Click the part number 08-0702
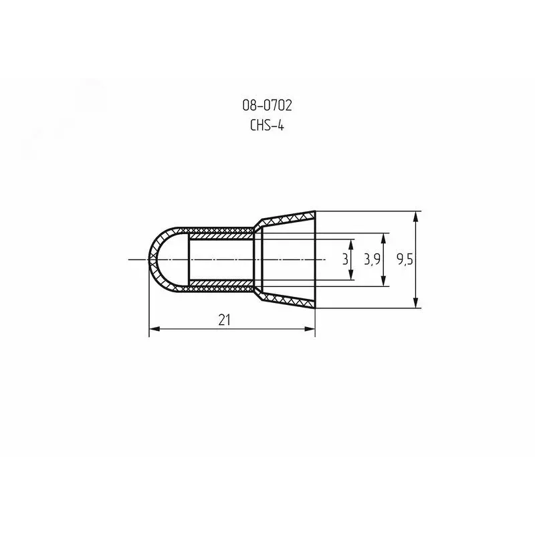point(267,106)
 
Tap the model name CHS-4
point(267,126)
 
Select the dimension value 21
point(224,320)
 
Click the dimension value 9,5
point(405,259)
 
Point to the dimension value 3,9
point(372,259)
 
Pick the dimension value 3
point(345,259)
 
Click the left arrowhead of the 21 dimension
point(154,329)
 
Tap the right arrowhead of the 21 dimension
point(310,329)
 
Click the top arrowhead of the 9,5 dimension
point(415,217)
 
